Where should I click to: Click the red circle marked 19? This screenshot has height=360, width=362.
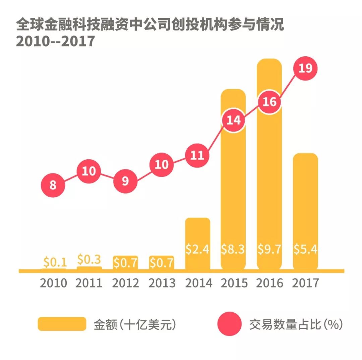(305, 68)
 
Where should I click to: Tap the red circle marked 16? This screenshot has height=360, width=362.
(269, 102)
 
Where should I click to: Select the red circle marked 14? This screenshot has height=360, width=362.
(233, 120)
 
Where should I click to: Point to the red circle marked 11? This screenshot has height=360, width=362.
(197, 155)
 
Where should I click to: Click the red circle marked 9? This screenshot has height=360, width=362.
(125, 181)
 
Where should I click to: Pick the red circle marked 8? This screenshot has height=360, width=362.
(53, 185)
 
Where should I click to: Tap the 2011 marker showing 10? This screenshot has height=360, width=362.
(89, 171)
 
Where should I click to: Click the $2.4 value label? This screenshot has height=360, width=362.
(197, 249)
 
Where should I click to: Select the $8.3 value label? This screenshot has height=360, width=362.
(233, 249)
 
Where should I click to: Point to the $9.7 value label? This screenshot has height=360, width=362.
(269, 249)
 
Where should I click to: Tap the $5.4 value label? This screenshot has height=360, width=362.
(305, 249)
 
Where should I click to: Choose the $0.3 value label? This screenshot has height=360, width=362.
(89, 259)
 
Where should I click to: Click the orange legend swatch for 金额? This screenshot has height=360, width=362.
(62, 324)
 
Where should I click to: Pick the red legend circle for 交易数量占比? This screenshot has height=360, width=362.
(229, 324)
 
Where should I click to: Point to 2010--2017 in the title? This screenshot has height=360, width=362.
(56, 41)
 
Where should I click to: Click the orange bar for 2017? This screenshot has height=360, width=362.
(305, 201)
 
